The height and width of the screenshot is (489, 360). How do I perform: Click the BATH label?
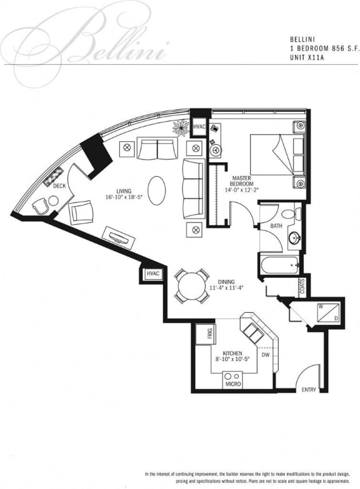[276, 226]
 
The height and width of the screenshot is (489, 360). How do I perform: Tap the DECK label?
[59, 186]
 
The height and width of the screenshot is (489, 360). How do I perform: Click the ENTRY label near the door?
[309, 390]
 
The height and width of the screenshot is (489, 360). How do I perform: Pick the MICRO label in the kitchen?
[233, 384]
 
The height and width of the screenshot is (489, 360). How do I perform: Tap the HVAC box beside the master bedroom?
[199, 127]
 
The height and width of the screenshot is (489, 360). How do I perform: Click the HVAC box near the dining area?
[152, 274]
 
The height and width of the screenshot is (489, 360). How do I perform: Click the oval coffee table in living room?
[157, 187]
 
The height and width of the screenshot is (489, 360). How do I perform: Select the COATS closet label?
[302, 287]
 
